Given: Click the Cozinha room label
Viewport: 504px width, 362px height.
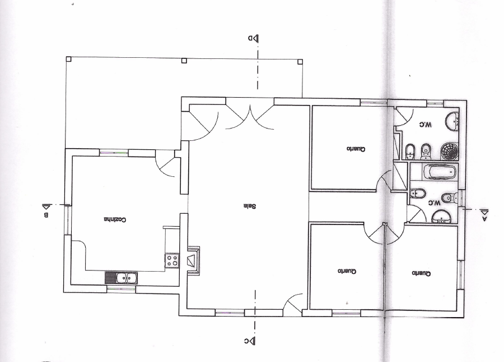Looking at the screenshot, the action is click(115, 219).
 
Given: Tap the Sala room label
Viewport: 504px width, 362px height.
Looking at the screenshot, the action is click(250, 206).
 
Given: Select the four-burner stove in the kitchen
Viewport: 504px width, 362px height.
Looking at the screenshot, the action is click(172, 260).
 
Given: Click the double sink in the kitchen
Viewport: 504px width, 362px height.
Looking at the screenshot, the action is click(122, 278).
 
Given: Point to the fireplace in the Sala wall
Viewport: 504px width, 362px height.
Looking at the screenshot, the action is click(193, 260).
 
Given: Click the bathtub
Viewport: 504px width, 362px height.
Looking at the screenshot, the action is click(440, 172).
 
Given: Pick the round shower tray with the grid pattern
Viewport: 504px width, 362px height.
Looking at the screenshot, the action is click(449, 152).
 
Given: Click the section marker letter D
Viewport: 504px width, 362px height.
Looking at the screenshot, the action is click(250, 38).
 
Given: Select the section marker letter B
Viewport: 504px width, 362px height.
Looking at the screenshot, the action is click(46, 215).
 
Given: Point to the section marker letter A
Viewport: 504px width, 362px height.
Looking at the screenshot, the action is click(484, 219).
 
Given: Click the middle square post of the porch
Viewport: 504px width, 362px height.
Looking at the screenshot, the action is click(184, 61).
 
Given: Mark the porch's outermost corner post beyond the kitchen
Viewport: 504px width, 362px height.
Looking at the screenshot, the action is click(68, 59).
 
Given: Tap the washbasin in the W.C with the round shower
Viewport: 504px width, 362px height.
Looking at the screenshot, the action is click(452, 121).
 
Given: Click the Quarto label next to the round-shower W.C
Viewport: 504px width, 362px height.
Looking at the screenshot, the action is click(356, 149).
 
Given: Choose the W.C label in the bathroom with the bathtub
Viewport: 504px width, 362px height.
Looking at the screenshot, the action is click(434, 203).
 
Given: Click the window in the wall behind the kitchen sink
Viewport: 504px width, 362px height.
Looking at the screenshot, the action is click(121, 289).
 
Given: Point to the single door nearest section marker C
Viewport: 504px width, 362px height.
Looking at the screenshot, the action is click(293, 303).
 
